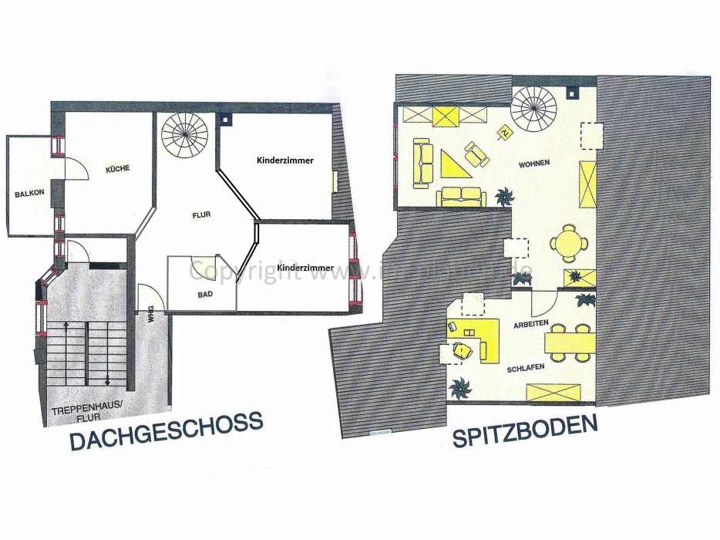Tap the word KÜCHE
(117, 168)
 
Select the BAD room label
(205, 294)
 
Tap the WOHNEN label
(533, 164)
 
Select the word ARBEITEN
(530, 324)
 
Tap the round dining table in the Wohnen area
(570, 245)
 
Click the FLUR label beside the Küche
(201, 215)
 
